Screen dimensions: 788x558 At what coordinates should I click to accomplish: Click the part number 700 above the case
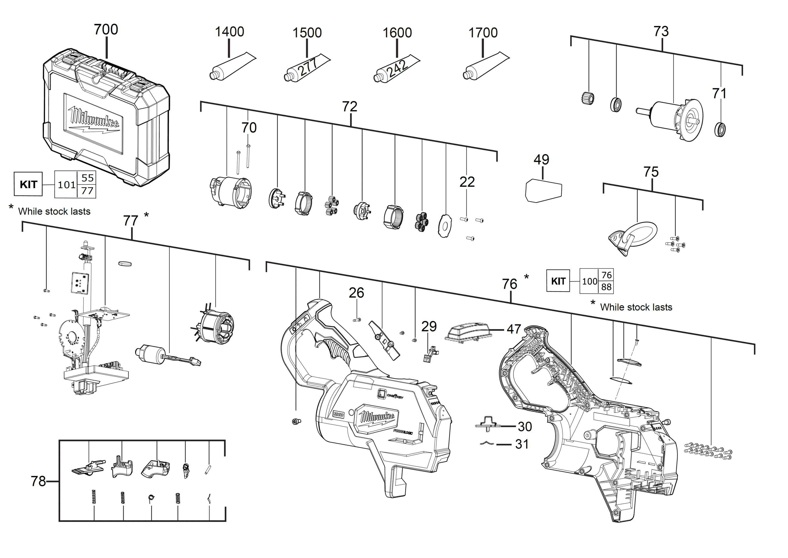click(x=106, y=30)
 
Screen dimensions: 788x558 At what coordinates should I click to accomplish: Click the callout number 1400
click(x=229, y=32)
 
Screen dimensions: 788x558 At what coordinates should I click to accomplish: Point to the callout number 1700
click(x=483, y=33)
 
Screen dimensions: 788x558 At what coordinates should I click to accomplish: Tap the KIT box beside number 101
click(x=28, y=184)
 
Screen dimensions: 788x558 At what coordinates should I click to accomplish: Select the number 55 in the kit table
click(x=87, y=178)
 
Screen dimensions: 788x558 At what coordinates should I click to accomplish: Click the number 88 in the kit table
click(x=606, y=287)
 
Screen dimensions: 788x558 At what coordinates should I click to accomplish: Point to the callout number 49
click(x=541, y=159)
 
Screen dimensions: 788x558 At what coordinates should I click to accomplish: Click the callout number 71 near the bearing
click(x=719, y=93)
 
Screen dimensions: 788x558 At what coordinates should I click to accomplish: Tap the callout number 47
click(x=514, y=329)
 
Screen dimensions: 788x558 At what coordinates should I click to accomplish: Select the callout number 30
click(x=525, y=427)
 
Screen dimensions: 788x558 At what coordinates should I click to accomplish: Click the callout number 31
click(x=522, y=444)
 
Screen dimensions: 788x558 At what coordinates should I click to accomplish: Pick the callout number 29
click(x=429, y=326)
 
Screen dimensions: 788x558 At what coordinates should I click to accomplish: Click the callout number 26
click(x=356, y=293)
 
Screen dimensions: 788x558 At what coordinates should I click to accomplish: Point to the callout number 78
click(x=38, y=481)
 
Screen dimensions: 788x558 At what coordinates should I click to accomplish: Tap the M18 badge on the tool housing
click(x=338, y=414)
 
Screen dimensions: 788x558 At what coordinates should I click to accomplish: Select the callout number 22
click(x=467, y=182)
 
